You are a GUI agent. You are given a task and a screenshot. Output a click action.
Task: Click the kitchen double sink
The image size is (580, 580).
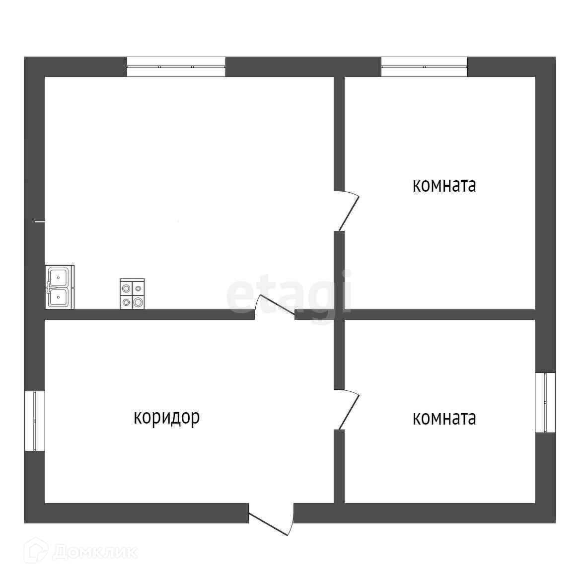(x=60, y=287)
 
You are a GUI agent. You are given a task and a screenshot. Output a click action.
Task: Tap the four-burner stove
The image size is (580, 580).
(x=132, y=294)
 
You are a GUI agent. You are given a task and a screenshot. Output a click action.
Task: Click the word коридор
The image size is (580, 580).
(x=167, y=417)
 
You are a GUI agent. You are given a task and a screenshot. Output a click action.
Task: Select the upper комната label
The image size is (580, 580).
(x=444, y=186)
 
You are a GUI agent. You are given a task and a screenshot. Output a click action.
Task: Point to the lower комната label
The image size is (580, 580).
(x=444, y=418)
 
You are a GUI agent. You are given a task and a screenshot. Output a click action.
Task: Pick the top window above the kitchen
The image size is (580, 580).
(x=176, y=67)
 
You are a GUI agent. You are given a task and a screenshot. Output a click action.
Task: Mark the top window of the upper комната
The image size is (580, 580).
(x=424, y=67)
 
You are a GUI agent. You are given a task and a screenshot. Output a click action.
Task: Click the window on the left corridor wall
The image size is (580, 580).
(x=35, y=421)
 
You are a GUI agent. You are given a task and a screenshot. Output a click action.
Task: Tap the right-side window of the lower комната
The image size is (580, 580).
(x=545, y=402)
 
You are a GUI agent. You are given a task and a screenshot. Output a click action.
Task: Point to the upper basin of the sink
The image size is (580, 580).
(x=59, y=276)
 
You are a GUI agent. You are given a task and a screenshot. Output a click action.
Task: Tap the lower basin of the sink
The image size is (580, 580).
(x=59, y=297)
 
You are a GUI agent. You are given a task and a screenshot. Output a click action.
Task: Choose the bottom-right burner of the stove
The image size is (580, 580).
(x=139, y=301)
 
